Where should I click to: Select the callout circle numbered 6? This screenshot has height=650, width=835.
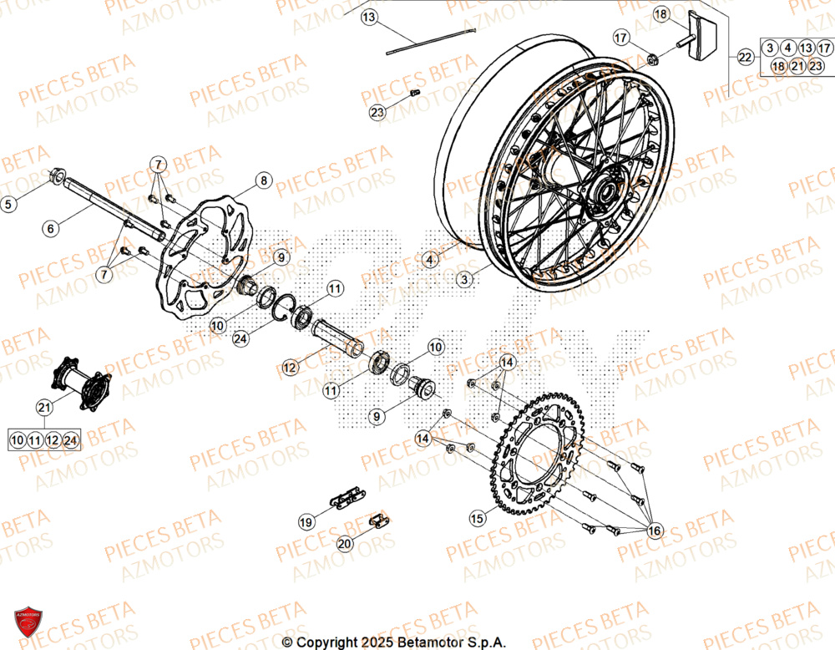pyautogui.click(x=51, y=227)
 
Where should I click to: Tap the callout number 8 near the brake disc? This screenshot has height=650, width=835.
pyautogui.click(x=263, y=180)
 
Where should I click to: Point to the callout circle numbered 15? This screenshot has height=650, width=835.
pyautogui.click(x=477, y=519)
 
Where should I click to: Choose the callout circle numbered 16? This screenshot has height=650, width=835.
pyautogui.click(x=653, y=531)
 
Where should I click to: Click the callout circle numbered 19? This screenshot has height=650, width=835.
pyautogui.click(x=306, y=521)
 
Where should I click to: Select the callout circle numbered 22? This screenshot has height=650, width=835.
pyautogui.click(x=745, y=57)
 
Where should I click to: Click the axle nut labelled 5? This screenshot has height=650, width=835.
pyautogui.click(x=59, y=176)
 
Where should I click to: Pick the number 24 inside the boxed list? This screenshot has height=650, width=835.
pyautogui.click(x=70, y=439)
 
